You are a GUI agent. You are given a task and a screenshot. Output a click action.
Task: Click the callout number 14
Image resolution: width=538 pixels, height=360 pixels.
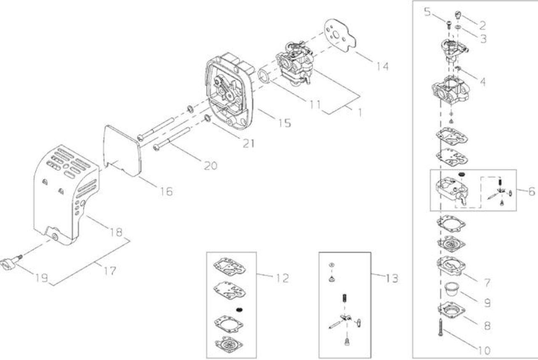(x=382, y=66)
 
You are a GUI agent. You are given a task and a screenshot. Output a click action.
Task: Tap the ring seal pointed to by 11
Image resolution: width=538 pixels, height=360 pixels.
(x=265, y=76)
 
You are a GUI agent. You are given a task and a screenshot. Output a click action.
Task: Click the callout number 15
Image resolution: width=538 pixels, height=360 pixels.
(x=285, y=123)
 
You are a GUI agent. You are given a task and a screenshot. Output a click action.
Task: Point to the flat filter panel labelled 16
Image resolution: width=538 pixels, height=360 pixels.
(x=122, y=151)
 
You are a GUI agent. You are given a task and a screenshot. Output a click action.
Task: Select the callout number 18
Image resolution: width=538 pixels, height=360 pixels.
(x=116, y=232)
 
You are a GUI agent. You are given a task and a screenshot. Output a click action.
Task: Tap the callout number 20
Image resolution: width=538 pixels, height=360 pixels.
(x=211, y=166)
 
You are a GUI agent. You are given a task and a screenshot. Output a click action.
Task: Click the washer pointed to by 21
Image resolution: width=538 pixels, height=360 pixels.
(x=207, y=118)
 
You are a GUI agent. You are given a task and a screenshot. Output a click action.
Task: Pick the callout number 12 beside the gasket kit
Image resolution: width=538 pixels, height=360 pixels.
(x=282, y=278)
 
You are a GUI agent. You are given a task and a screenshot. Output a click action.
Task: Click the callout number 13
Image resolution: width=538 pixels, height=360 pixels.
(x=392, y=278)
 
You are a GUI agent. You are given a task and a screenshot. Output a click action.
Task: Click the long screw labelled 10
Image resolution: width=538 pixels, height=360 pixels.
(x=440, y=327)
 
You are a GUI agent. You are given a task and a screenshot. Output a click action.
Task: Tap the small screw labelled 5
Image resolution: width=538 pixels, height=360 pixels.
(x=448, y=25)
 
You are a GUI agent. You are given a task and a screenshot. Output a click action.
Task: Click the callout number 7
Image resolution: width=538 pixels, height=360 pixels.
(x=487, y=283)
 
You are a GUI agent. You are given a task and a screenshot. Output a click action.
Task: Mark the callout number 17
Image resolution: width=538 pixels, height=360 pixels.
(x=110, y=271)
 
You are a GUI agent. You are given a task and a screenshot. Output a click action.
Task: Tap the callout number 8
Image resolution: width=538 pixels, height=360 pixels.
(x=487, y=326)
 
